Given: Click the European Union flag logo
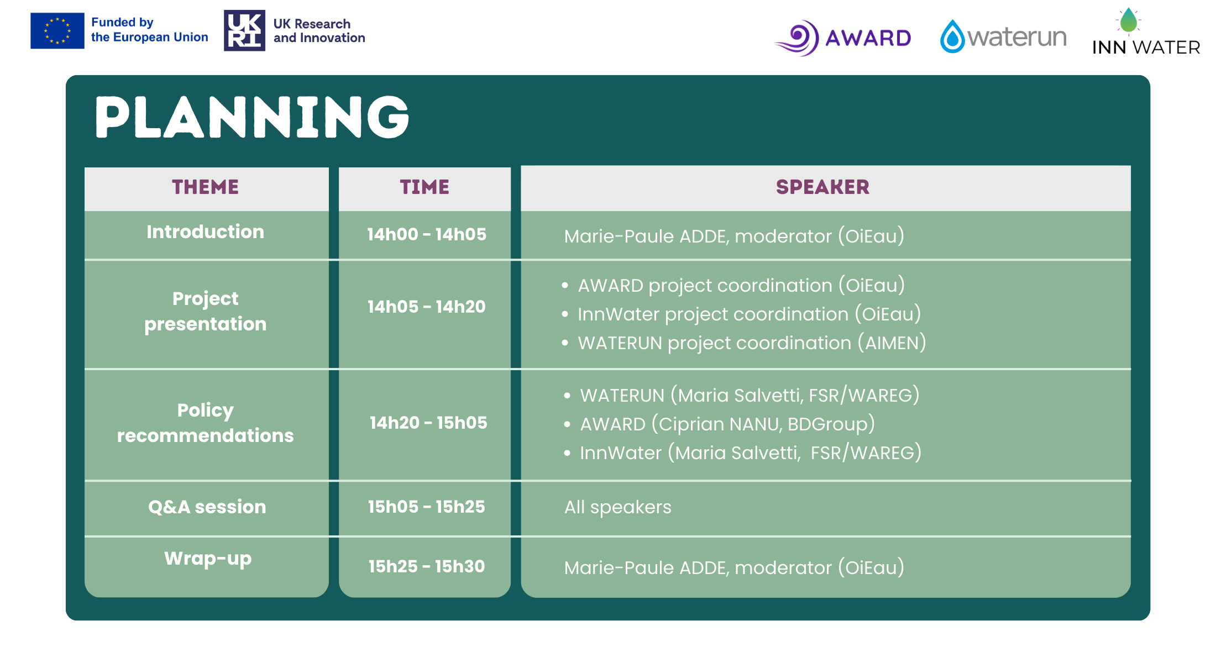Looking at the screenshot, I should (57, 31).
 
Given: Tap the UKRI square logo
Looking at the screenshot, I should (244, 30).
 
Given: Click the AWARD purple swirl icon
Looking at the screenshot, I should (798, 38).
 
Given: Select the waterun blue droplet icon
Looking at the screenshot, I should (952, 36).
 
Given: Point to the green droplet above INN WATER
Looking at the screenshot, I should (1128, 21).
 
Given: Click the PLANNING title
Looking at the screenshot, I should (252, 117).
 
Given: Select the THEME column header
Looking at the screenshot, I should (206, 187).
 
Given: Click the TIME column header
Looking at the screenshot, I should (424, 187).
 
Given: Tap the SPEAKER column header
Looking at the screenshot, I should (822, 187).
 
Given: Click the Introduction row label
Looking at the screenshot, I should (206, 232).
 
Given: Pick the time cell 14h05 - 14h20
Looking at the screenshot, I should (426, 307).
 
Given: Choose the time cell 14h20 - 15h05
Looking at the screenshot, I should (428, 423).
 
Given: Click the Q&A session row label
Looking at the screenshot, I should (207, 507).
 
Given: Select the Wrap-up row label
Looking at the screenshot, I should (208, 559).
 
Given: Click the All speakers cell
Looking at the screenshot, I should (617, 507).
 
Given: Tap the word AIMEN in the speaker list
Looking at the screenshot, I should (891, 343).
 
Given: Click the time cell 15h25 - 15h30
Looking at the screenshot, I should (426, 566).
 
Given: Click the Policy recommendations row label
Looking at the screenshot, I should (206, 423).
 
